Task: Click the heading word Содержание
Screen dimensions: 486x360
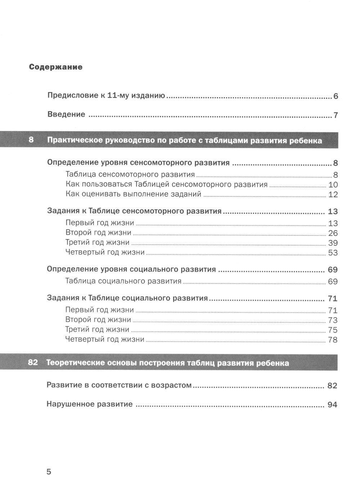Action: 56,67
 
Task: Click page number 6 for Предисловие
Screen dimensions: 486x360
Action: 336,96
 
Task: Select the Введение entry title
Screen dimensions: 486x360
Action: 67,114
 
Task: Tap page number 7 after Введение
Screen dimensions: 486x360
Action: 336,115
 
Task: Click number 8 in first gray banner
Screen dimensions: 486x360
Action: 31,140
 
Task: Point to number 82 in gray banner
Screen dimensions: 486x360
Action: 32,363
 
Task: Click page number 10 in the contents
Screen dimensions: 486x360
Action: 333,185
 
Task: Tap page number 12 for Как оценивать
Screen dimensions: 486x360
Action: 333,195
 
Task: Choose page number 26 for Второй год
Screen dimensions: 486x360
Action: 333,233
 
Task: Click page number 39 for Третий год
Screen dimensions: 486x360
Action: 333,243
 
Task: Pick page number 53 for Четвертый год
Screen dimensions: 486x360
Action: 333,253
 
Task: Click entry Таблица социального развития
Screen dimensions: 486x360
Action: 123,281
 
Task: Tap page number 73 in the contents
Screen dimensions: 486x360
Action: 333,320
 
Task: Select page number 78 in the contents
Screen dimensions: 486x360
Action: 333,340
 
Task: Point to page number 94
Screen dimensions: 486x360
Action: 332,405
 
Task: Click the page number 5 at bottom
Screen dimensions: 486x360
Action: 49,472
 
